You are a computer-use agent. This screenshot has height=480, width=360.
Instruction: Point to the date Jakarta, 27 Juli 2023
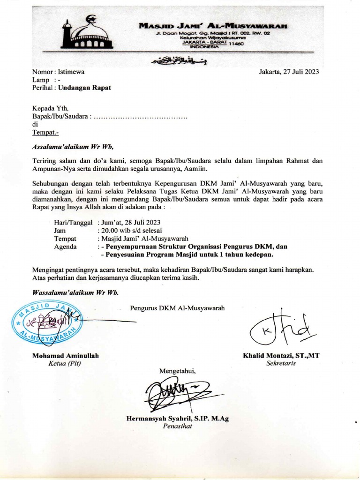[x=289, y=72]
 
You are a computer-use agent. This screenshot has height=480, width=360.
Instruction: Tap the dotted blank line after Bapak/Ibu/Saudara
[x=141, y=117]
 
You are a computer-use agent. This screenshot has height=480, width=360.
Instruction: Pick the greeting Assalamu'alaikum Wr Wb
[x=73, y=146]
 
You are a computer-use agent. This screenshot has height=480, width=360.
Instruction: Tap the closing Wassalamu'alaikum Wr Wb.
[x=75, y=292]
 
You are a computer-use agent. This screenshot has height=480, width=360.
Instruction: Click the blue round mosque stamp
[x=47, y=322]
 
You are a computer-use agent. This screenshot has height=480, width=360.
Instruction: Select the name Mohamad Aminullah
[x=65, y=356]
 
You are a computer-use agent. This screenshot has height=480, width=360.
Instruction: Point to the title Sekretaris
[x=281, y=363]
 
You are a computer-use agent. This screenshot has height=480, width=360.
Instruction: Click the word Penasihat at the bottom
[x=177, y=427]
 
